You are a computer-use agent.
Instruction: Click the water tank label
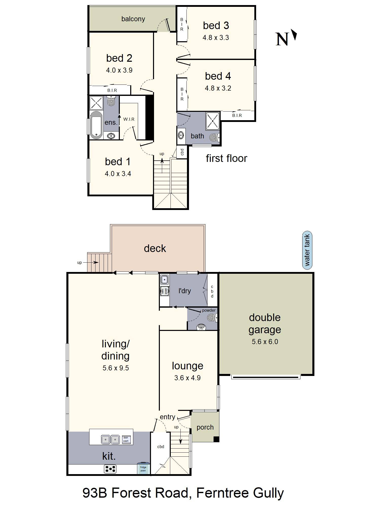click(307, 250)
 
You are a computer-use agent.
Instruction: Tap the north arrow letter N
click(282, 39)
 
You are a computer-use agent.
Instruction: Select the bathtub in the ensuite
click(96, 125)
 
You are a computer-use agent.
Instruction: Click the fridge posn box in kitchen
click(143, 469)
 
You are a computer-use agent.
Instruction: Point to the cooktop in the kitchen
click(110, 469)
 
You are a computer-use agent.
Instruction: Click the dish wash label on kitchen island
click(126, 439)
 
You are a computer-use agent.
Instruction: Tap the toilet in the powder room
click(212, 317)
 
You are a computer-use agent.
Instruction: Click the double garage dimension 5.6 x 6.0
click(265, 342)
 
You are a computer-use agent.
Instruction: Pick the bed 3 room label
click(216, 26)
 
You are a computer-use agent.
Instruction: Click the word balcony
click(133, 19)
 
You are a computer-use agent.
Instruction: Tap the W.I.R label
click(129, 119)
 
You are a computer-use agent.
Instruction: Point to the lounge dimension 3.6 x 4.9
click(187, 378)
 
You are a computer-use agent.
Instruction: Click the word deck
click(155, 248)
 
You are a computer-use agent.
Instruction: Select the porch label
click(205, 427)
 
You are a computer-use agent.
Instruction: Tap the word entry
click(167, 417)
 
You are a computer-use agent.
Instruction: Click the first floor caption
click(226, 158)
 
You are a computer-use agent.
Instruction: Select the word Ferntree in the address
click(222, 493)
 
